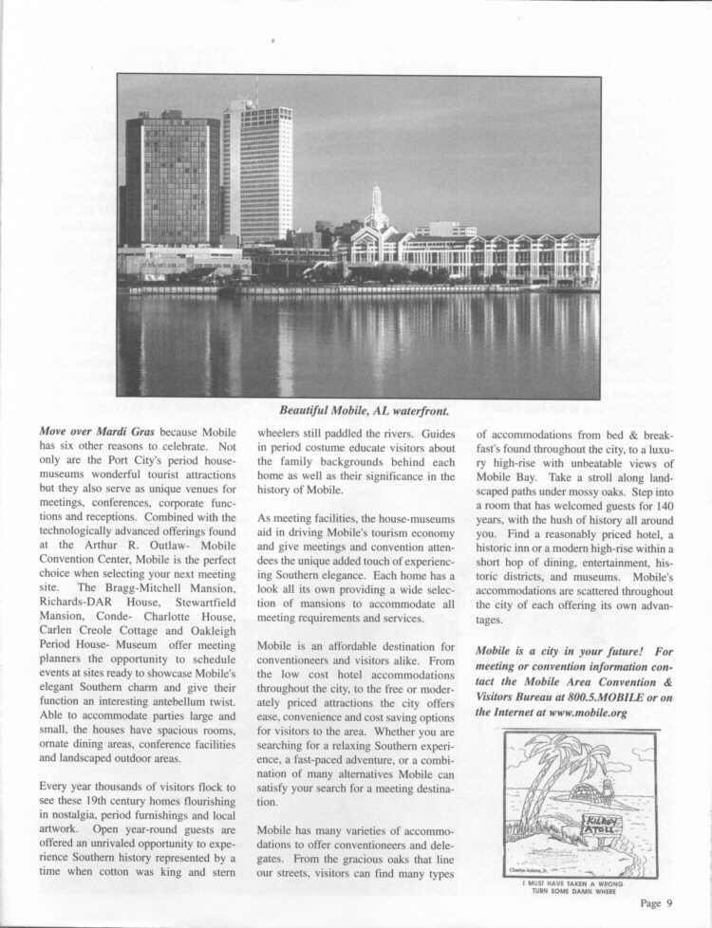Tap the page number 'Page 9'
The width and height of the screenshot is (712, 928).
656,901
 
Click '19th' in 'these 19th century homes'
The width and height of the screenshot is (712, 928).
113,802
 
